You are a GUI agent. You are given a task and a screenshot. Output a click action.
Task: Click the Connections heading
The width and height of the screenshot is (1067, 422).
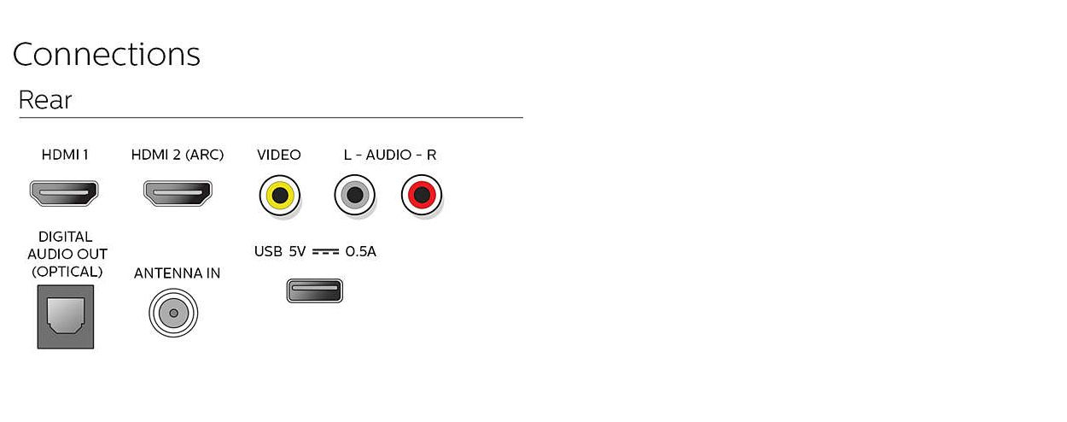(x=106, y=54)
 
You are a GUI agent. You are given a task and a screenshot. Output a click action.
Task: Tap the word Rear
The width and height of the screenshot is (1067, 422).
(x=45, y=100)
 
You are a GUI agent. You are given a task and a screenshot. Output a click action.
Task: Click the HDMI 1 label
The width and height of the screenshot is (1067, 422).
(x=65, y=155)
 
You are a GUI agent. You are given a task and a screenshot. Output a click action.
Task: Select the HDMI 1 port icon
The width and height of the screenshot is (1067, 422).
(x=64, y=193)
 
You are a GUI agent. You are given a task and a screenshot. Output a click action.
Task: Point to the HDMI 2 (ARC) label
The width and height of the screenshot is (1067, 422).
(x=178, y=155)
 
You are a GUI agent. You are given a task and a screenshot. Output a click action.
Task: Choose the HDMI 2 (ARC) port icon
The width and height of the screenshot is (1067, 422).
(x=178, y=193)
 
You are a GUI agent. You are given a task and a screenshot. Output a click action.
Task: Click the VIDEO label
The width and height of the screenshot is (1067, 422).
(x=278, y=155)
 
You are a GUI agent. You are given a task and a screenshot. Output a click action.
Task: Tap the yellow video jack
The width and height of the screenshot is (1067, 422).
(x=280, y=195)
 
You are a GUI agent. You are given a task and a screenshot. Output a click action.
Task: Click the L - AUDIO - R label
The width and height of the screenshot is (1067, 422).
(x=389, y=155)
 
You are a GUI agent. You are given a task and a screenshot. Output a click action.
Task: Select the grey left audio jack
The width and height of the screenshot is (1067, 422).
(x=355, y=195)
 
